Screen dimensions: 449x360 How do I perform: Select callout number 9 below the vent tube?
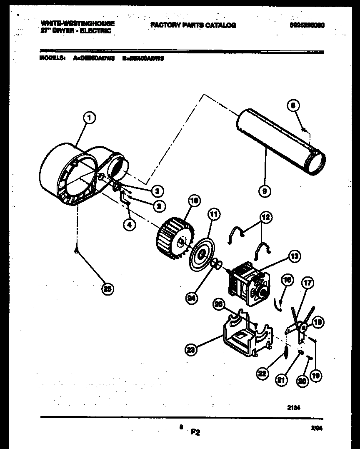pos(265,191)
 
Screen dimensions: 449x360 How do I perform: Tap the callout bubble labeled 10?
pos(194,201)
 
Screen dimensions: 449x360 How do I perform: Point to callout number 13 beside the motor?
pos(295,256)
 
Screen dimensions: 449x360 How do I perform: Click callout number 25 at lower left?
pos(108,289)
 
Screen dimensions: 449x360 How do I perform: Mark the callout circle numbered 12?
pos(265,217)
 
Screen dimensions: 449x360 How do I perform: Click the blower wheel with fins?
pos(171,239)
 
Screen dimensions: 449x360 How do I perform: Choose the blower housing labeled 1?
pos(71,173)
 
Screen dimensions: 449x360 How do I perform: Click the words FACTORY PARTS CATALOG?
pos(193,25)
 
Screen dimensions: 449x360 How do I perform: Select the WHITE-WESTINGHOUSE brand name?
pos(78,23)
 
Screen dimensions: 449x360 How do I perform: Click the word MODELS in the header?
pos(52,59)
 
